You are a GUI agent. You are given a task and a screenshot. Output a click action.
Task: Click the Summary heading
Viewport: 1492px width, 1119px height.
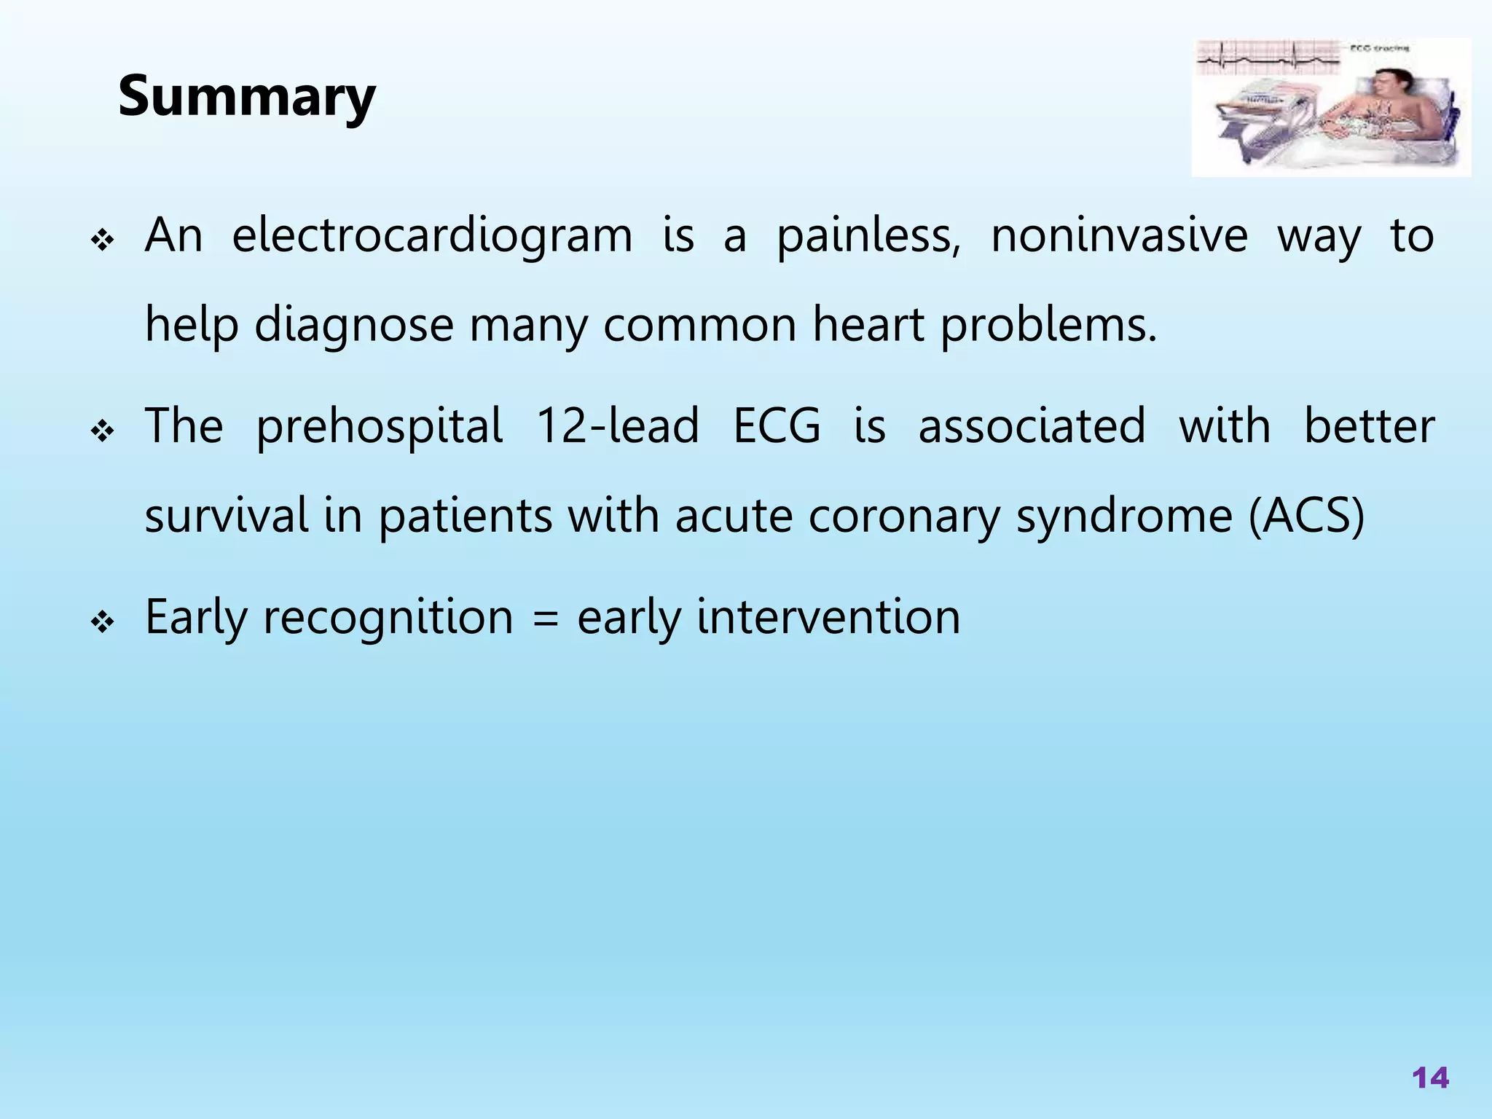click(246, 97)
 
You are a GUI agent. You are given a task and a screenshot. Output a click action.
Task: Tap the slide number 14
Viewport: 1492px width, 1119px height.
click(1430, 1077)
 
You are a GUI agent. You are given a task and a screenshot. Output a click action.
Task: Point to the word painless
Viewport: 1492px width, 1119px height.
click(867, 237)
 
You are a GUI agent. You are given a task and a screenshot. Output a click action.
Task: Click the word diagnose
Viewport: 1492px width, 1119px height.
click(354, 326)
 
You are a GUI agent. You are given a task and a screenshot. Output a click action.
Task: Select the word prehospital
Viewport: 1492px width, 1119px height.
click(379, 428)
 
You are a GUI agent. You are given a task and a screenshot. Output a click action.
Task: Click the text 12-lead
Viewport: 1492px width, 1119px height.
click(617, 426)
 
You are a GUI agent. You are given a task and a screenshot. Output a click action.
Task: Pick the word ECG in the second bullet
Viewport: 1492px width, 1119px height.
click(777, 426)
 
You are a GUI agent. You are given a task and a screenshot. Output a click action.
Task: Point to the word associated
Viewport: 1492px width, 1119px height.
click(1032, 426)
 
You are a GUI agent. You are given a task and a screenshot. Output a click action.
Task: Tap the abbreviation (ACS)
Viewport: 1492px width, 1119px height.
click(1306, 516)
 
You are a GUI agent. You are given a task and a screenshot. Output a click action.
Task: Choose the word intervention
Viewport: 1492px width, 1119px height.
click(828, 617)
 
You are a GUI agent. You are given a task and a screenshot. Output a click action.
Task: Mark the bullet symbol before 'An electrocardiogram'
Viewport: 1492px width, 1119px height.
click(102, 241)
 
